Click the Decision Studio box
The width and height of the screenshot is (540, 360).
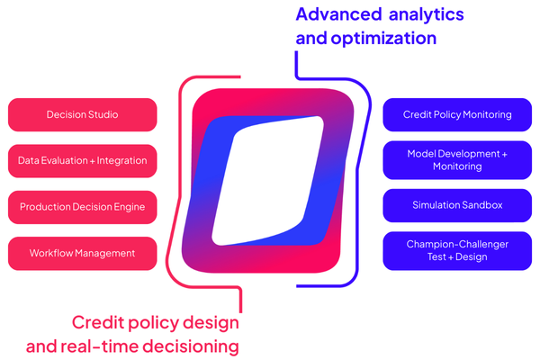click(82, 115)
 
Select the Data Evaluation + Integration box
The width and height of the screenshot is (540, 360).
click(82, 161)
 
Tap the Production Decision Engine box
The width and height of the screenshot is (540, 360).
click(82, 207)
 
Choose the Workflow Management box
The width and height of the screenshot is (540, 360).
click(82, 254)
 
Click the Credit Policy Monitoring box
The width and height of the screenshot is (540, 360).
click(457, 115)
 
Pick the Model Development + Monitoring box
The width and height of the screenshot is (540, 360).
click(457, 160)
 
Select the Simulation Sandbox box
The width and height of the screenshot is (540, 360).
click(457, 205)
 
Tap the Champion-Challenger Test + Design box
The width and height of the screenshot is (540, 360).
click(457, 251)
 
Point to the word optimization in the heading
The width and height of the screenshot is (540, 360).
click(388, 39)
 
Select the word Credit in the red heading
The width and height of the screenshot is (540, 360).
click(97, 323)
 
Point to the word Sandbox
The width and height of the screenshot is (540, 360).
click(481, 205)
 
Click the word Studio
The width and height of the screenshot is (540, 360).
click(102, 115)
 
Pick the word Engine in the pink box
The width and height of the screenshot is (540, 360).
click(127, 207)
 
